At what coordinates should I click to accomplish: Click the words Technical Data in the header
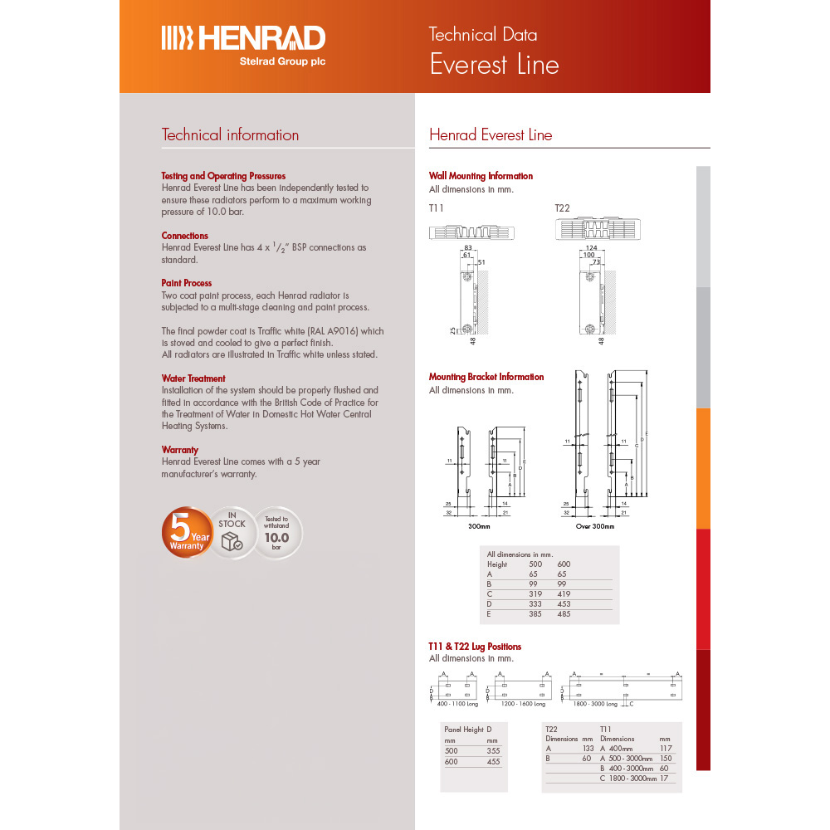(x=482, y=35)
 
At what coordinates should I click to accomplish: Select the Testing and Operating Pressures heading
(x=223, y=176)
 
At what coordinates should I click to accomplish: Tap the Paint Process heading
(x=187, y=283)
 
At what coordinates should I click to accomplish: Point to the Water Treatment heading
(x=193, y=378)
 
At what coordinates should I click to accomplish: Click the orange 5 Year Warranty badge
(x=188, y=532)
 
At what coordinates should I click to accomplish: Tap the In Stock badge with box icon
(x=232, y=532)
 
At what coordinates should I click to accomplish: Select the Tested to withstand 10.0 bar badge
(x=276, y=532)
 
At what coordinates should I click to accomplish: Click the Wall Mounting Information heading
(x=481, y=176)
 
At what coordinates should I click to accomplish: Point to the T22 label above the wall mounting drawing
(x=563, y=207)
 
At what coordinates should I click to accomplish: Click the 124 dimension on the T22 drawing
(x=591, y=248)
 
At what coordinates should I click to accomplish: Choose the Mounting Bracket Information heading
(x=486, y=377)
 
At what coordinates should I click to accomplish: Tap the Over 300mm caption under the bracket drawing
(x=595, y=526)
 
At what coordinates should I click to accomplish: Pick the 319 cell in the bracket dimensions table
(x=535, y=594)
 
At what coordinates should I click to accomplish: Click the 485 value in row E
(x=564, y=614)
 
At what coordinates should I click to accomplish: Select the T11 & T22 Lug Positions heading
(x=475, y=647)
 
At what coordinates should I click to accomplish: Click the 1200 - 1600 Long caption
(x=522, y=704)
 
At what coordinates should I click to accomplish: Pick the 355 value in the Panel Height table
(x=492, y=750)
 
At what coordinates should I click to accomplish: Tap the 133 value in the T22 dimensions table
(x=587, y=749)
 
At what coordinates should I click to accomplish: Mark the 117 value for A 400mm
(x=665, y=749)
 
